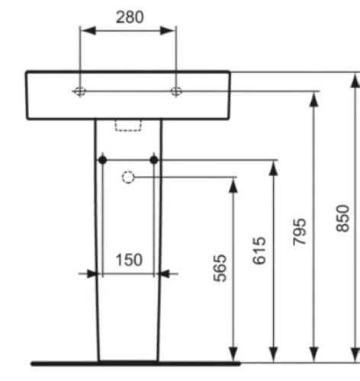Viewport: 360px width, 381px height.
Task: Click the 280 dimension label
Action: (130, 18)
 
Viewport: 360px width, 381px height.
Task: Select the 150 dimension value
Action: (129, 260)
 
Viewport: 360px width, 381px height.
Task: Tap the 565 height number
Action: (220, 268)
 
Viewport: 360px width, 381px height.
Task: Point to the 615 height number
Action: (259, 251)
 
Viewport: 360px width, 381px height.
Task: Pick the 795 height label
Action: (300, 232)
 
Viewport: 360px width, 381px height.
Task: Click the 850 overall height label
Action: (342, 218)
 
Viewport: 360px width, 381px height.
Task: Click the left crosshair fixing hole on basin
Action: (80, 91)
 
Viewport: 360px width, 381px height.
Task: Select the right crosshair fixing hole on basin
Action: (176, 91)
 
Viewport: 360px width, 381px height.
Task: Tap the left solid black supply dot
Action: (102, 160)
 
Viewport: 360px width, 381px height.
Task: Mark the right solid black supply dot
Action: (154, 160)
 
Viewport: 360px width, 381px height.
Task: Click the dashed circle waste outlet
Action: (128, 177)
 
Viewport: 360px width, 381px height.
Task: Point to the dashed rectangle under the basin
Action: (128, 126)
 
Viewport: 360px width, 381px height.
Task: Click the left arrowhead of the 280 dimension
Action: (88, 30)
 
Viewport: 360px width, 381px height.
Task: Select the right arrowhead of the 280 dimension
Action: (168, 30)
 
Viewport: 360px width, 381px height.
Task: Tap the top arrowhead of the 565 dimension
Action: (233, 185)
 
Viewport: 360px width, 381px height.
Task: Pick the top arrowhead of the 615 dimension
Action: (273, 168)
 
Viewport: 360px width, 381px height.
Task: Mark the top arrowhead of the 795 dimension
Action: (314, 99)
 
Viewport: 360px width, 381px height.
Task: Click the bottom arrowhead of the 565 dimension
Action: (233, 354)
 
